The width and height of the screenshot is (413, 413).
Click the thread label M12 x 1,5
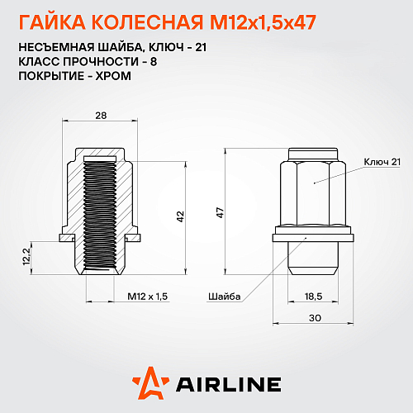click(x=148, y=295)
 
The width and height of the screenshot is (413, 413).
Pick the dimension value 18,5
click(x=314, y=295)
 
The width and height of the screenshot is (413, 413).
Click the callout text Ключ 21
click(x=381, y=162)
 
